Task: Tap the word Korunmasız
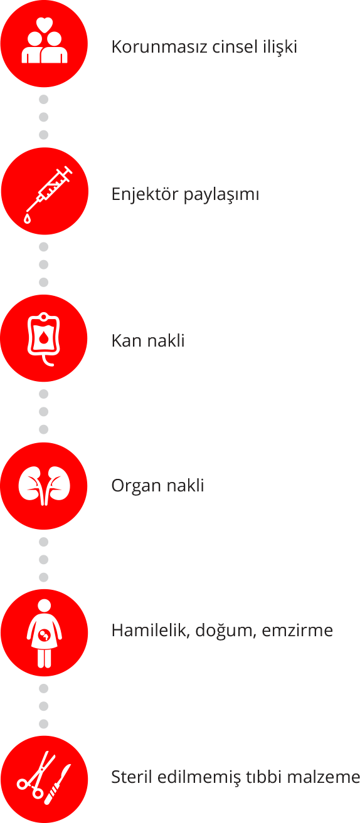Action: (159, 47)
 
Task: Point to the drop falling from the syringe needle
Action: (28, 218)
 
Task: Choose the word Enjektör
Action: (144, 194)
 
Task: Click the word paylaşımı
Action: (221, 195)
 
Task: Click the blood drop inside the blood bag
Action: (44, 337)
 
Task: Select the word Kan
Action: (127, 341)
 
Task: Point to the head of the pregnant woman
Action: (45, 606)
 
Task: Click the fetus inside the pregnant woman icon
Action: (45, 634)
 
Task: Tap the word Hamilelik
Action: (151, 631)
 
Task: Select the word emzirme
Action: (297, 631)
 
